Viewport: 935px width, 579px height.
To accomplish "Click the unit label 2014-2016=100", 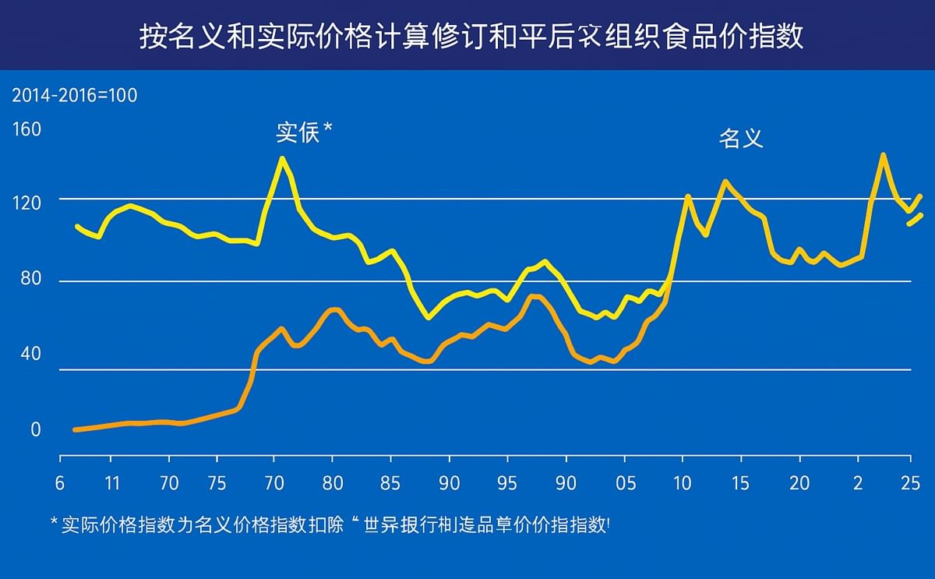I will [x=74, y=96].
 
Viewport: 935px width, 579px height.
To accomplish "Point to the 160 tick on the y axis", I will [x=26, y=129].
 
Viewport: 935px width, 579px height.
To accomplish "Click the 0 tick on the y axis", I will [x=35, y=430].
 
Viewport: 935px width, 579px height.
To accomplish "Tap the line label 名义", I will [x=740, y=139].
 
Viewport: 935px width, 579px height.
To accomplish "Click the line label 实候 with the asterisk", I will [x=304, y=133].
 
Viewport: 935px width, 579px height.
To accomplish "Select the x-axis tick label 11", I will [x=111, y=483].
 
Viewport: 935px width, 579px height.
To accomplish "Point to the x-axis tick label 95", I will [x=507, y=483].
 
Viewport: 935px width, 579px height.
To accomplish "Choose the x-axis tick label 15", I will [x=740, y=483].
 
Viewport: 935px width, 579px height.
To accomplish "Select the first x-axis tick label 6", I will [x=60, y=483].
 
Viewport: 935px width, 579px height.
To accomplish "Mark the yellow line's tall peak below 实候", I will [x=282, y=158].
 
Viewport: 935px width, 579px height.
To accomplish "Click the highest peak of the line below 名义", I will [x=883, y=154].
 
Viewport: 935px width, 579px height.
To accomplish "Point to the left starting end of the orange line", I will [x=74, y=429].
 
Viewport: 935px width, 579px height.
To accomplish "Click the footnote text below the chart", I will [x=335, y=524].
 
